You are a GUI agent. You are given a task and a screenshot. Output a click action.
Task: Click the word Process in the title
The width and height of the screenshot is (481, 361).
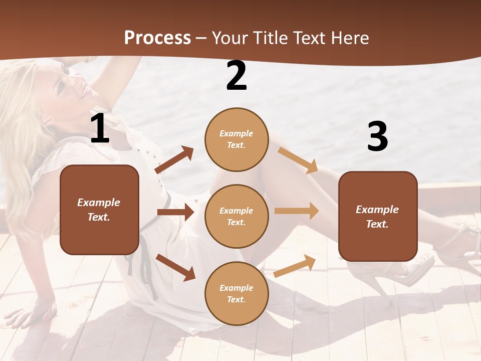[157, 38]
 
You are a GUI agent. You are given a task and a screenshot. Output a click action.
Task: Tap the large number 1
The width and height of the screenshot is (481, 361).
[100, 129]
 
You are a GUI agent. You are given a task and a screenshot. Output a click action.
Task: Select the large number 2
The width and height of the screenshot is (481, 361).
[236, 76]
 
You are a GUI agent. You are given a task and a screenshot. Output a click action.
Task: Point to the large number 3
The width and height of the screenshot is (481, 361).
[377, 137]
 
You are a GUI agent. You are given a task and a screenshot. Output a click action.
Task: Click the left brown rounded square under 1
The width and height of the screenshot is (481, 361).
[99, 210]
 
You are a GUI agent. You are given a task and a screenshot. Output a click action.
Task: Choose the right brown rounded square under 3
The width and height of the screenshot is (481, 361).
[378, 216]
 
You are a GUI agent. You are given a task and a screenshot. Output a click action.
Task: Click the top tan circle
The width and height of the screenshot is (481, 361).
[236, 139]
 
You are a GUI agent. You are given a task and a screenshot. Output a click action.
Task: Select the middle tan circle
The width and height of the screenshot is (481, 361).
[236, 216]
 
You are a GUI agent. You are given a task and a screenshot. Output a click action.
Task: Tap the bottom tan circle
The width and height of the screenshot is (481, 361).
[236, 293]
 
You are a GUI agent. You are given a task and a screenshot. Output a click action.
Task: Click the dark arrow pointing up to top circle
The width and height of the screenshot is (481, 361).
[175, 160]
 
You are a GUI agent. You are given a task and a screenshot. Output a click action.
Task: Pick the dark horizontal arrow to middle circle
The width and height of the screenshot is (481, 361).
[175, 212]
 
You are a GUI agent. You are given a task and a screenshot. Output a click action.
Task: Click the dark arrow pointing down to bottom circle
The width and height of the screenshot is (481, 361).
[176, 267]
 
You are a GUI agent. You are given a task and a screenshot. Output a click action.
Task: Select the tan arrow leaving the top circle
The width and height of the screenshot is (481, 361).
[298, 160]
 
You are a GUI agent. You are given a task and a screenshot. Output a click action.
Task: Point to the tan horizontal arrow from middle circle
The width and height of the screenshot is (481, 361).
[297, 211]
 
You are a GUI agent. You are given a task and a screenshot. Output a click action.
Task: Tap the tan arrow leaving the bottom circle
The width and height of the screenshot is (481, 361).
[295, 266]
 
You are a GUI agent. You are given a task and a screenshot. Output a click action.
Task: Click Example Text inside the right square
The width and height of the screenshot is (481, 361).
[377, 217]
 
